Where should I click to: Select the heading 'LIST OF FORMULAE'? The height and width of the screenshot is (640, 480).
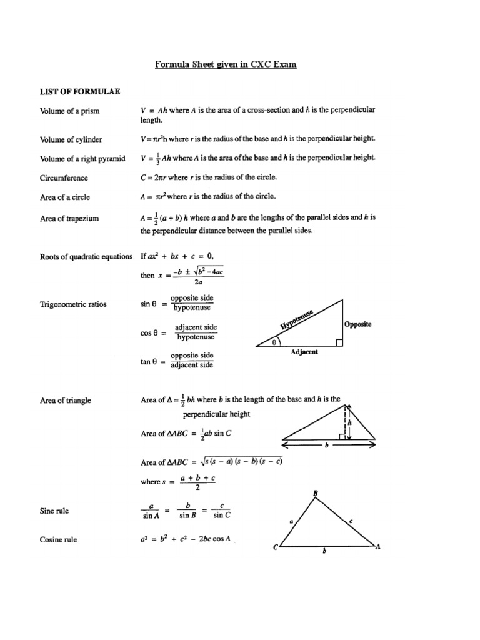[x=80, y=92]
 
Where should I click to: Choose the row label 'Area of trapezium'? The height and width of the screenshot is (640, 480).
[x=69, y=219]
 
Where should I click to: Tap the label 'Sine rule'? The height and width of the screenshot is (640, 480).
[x=54, y=511]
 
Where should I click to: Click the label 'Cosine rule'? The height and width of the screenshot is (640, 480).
[x=58, y=540]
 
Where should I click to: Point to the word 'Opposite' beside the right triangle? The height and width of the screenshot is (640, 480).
[x=358, y=325]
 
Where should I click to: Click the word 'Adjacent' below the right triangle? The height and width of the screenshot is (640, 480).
[x=304, y=352]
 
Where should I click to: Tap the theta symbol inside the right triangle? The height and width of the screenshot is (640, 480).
[x=273, y=342]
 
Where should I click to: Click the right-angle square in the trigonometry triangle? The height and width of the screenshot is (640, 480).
[x=337, y=342]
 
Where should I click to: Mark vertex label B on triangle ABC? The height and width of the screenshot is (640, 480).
[x=316, y=494]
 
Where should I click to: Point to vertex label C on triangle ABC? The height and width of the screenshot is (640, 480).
[x=276, y=547]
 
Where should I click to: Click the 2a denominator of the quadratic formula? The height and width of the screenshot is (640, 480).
[x=197, y=282]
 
